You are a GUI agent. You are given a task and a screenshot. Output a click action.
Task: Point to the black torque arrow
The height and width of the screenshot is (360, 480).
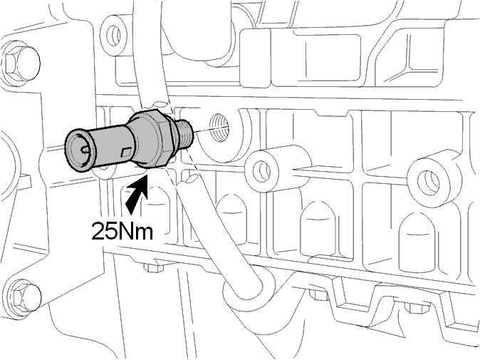pos(137,194)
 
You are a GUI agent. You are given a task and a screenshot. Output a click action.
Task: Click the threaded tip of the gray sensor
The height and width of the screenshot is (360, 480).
pos(185,134)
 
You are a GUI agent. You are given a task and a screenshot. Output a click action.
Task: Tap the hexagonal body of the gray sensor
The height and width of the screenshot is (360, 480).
pos(153,138)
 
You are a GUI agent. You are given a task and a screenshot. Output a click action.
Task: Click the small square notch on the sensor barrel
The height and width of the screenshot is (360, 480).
pos(126,153)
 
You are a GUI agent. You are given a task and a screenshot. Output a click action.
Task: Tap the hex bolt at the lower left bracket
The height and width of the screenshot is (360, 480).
pos(22,297)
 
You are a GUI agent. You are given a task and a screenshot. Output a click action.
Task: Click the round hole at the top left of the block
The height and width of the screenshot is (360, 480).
pos(115,35)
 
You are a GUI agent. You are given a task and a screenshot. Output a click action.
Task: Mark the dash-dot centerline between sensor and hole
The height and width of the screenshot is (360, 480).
pos(203,130)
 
